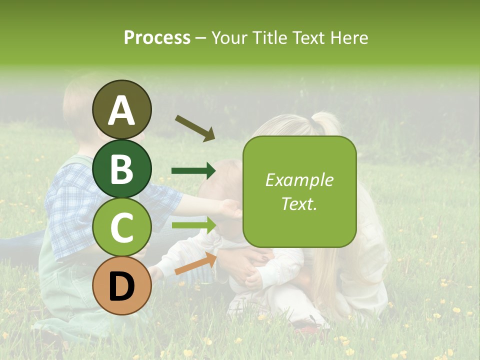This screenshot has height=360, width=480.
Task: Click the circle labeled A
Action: coord(121,109)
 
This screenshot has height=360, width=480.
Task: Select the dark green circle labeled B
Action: coord(121,168)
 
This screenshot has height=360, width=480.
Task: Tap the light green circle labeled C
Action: coord(121,227)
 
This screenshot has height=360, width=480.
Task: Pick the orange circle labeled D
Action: coord(121,285)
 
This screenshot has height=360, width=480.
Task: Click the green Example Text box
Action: coord(299,191)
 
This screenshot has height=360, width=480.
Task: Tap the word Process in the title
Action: coord(157,37)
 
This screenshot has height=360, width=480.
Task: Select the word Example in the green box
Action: coord(299,180)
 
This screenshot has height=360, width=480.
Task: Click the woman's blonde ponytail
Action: coord(325,122)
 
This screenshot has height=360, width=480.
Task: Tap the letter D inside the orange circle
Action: coord(121,286)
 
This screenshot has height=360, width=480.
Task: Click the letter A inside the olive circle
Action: coord(121,110)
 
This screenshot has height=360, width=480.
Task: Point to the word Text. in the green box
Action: coord(299,204)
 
